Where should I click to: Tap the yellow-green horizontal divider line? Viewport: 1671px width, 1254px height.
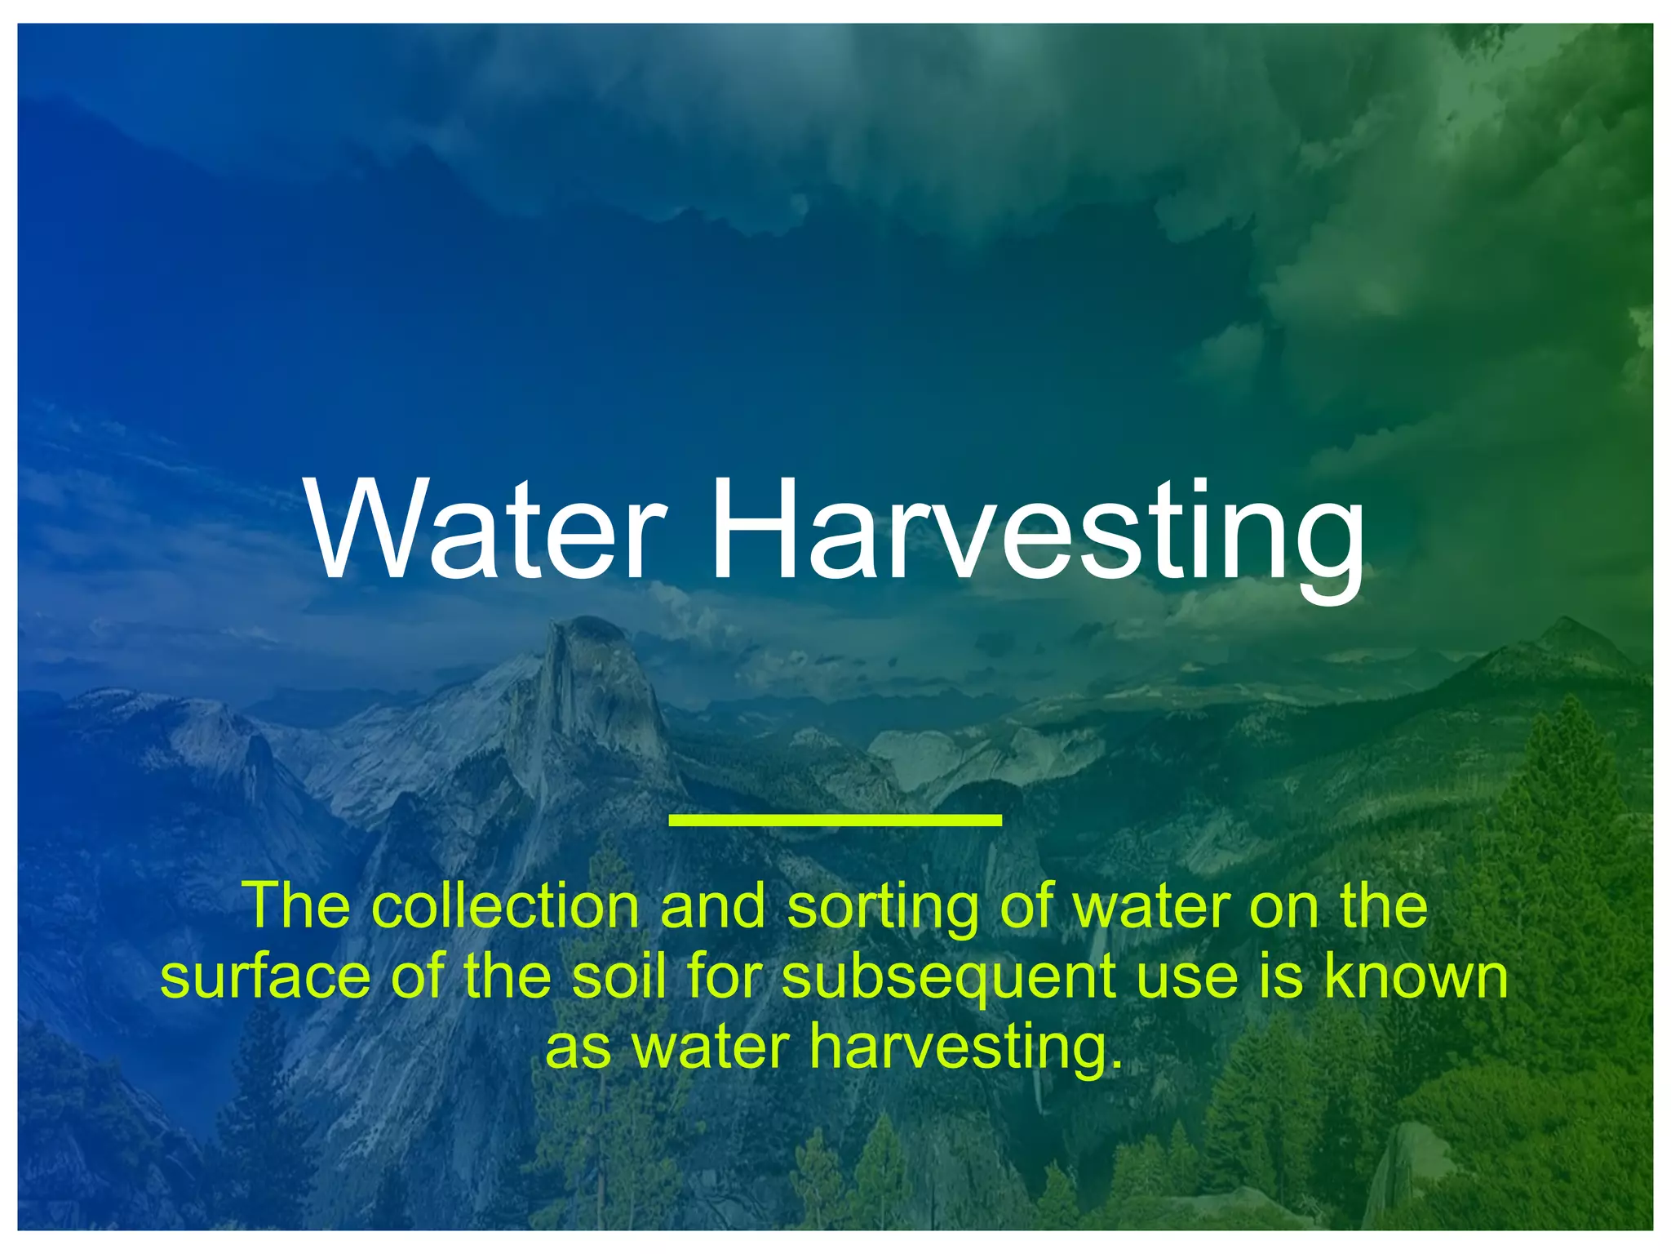[835, 820]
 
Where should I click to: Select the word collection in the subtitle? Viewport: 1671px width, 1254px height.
[506, 906]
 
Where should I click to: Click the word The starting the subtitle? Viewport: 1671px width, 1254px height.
[299, 906]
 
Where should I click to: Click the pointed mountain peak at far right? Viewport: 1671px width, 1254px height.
[1567, 624]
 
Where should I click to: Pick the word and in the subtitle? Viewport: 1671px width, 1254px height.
[712, 906]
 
